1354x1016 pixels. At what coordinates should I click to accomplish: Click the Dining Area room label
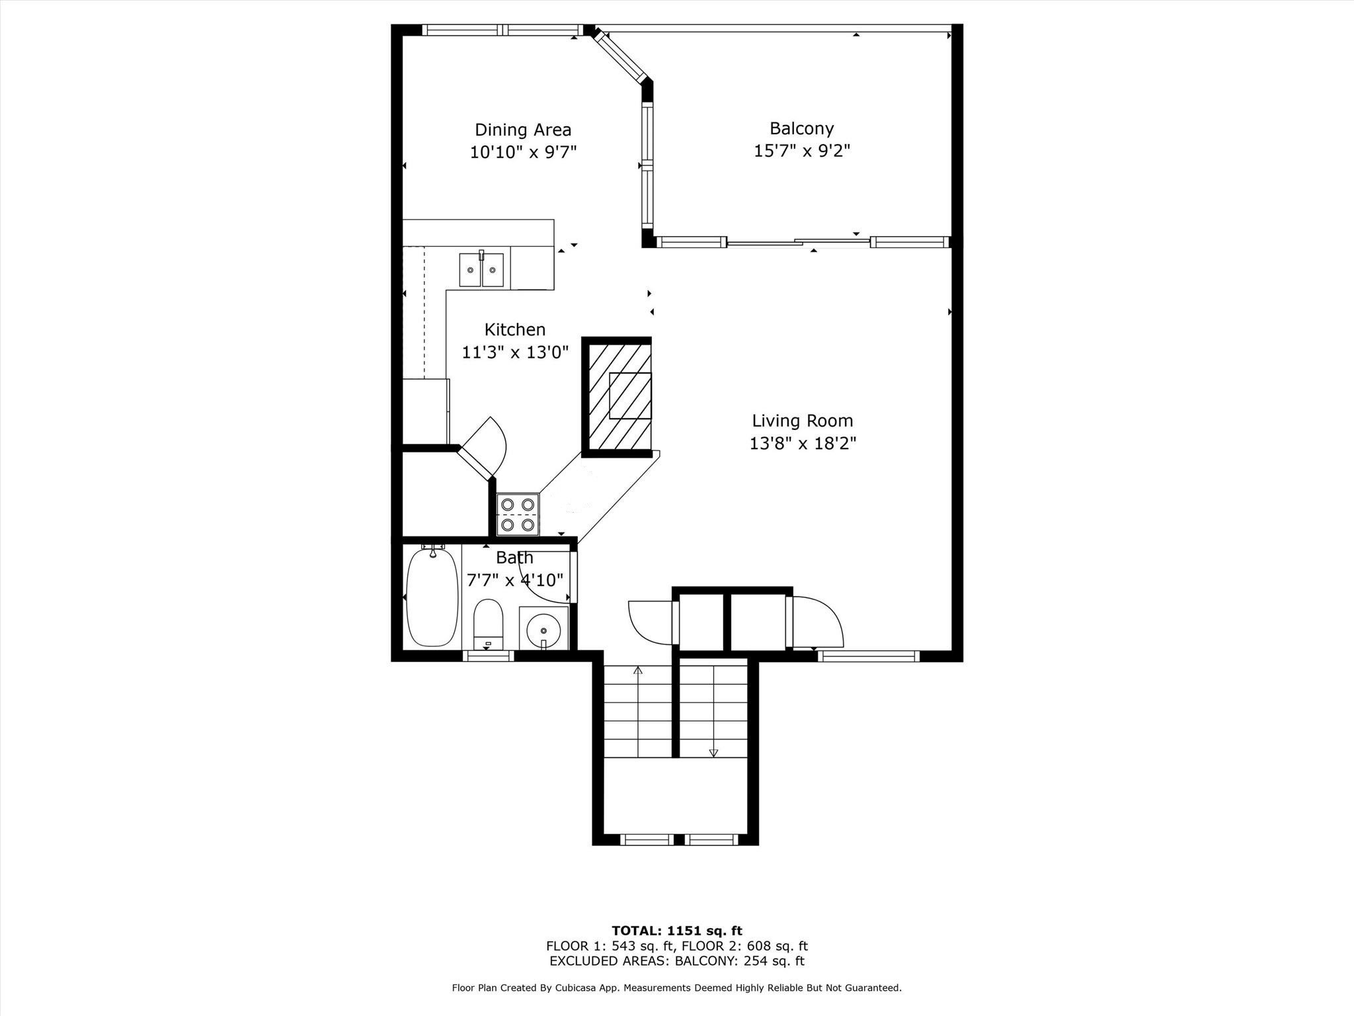(x=522, y=130)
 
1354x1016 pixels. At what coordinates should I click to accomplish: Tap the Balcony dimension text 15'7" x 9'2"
(x=801, y=151)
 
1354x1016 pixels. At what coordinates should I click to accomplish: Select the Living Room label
(x=802, y=421)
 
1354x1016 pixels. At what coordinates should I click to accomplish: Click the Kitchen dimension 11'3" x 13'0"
(x=515, y=353)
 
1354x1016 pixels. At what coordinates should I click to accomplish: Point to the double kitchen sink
(x=481, y=270)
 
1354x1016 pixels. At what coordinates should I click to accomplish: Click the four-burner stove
(x=518, y=515)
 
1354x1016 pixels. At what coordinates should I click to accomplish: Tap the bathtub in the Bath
(x=432, y=597)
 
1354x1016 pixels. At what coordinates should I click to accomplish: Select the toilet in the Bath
(x=489, y=623)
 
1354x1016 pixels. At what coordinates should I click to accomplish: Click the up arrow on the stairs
(x=638, y=671)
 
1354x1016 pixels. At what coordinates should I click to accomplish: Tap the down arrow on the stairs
(x=713, y=752)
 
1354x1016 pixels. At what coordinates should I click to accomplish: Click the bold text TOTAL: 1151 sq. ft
(x=676, y=931)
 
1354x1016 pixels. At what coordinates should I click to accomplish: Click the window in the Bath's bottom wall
(x=488, y=656)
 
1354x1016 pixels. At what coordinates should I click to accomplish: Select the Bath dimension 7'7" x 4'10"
(x=515, y=580)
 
